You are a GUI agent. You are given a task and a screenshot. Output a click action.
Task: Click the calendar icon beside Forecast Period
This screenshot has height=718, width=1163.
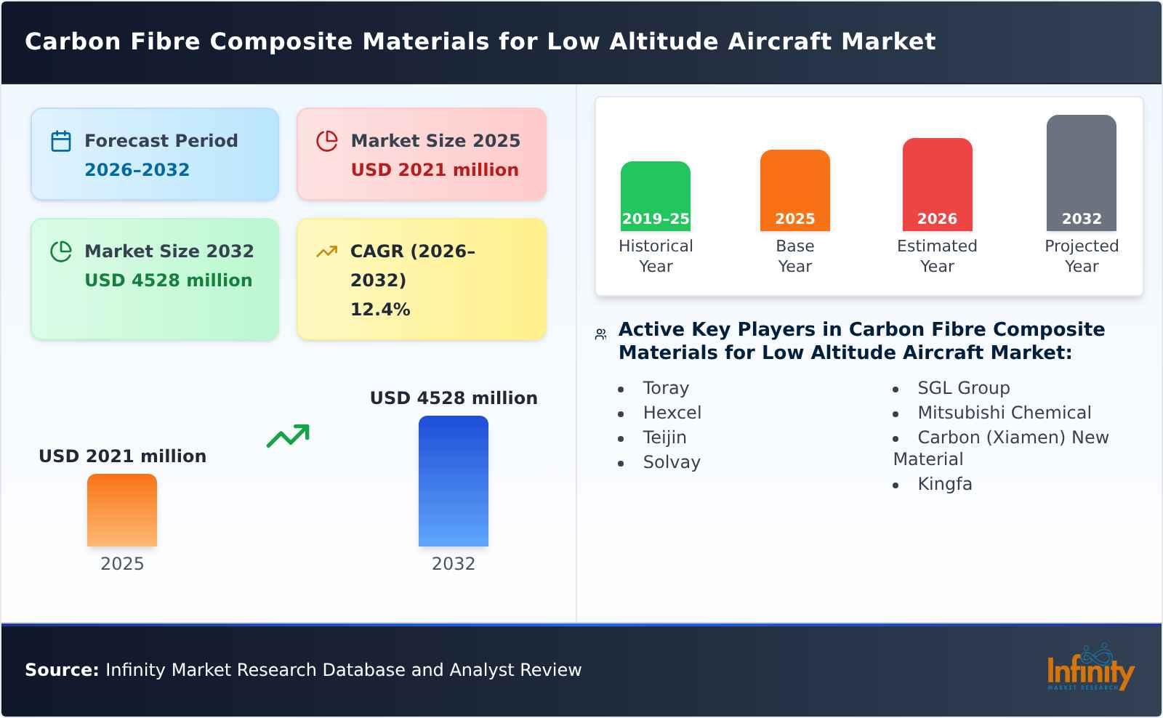[61, 141]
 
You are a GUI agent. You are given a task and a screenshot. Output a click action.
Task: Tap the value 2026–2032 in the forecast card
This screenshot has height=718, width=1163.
[137, 170]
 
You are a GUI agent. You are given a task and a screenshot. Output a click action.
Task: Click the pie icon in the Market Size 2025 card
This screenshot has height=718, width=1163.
[327, 141]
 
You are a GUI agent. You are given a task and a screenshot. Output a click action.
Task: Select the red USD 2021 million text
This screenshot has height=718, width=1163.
[435, 170]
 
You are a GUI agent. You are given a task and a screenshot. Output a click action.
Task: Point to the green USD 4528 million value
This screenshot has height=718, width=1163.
[168, 281]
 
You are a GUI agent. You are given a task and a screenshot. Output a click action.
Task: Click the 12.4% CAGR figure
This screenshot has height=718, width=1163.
[380, 310]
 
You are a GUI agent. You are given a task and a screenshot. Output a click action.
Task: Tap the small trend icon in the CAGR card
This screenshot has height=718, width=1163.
[327, 251]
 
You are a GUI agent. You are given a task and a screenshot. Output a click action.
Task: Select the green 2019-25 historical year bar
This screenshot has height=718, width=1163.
[655, 196]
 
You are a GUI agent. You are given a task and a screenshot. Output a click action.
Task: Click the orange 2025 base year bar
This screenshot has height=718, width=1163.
[794, 190]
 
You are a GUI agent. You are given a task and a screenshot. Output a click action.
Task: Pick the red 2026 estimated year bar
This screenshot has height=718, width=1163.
[937, 185]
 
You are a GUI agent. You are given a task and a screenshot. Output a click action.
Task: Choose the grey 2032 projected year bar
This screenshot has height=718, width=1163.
[1081, 173]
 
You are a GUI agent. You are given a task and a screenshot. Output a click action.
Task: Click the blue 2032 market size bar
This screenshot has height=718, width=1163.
[453, 481]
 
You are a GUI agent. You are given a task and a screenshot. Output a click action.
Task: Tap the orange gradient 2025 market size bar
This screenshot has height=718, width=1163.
[122, 510]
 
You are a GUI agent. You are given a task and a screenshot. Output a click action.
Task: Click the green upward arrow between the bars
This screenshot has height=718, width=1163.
[288, 436]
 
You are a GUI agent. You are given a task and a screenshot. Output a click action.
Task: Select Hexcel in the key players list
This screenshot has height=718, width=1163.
[672, 413]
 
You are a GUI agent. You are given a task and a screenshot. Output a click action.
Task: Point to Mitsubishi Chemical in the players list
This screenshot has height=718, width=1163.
[1004, 413]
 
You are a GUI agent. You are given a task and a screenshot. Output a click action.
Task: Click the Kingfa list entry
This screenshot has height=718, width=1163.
[944, 484]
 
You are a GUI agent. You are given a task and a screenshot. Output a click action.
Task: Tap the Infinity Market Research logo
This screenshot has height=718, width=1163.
[1090, 669]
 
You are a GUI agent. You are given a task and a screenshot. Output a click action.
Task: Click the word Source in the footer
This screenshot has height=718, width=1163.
[61, 670]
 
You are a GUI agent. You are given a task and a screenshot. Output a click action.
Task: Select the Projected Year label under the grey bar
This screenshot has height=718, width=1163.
[1081, 256]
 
